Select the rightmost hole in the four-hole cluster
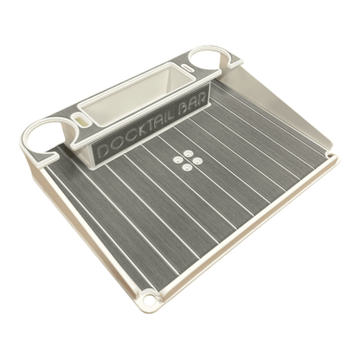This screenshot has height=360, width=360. point(196,159)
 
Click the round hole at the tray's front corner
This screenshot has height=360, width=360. point(150,299)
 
